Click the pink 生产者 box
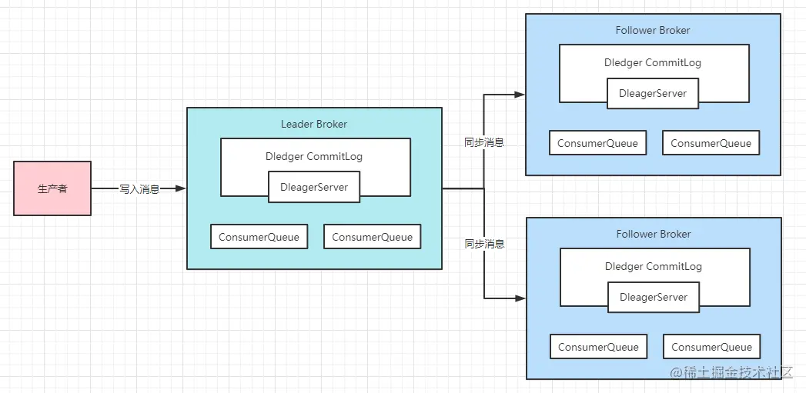click(52, 188)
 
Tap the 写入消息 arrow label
click(139, 189)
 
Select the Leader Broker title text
click(313, 124)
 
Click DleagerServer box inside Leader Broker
click(314, 187)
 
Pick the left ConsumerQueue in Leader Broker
click(259, 237)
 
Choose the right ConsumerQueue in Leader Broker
click(372, 237)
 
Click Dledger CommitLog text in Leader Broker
click(314, 156)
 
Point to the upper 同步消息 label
click(484, 143)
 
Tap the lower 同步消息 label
click(484, 244)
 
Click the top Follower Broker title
click(653, 30)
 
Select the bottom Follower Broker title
click(654, 235)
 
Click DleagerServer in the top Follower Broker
click(653, 94)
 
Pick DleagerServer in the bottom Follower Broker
click(654, 297)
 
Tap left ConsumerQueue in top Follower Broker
click(598, 143)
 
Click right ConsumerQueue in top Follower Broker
click(711, 143)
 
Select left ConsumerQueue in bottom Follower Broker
click(598, 347)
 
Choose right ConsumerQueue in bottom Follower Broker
click(712, 347)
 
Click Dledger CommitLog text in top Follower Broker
click(653, 62)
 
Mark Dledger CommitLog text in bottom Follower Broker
click(654, 267)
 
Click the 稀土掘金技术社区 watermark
click(732, 372)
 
